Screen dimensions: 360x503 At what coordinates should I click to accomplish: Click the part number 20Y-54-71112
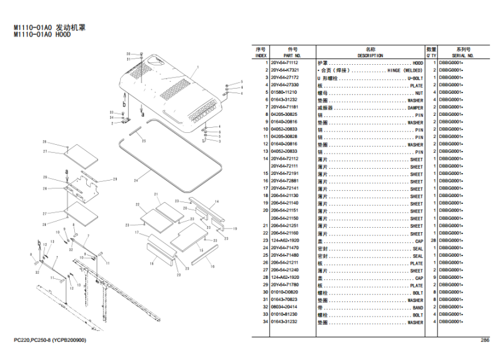pyautogui.click(x=284, y=63)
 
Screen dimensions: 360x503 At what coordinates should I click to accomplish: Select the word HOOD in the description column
pyautogui.click(x=417, y=63)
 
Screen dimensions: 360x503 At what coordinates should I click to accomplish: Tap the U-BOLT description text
pyautogui.click(x=415, y=77)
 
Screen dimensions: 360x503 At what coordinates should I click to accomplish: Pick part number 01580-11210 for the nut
pyautogui.click(x=284, y=93)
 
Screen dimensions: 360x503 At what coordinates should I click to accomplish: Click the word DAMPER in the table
pyautogui.click(x=415, y=108)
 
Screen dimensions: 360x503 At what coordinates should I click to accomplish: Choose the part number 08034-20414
pyautogui.click(x=284, y=308)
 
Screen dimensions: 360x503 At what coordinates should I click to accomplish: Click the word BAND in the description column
pyautogui.click(x=417, y=308)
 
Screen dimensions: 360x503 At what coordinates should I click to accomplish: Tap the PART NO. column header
pyautogui.click(x=292, y=55)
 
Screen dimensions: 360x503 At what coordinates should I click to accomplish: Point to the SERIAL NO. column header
pyautogui.click(x=463, y=55)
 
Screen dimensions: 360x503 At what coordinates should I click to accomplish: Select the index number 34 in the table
pyautogui.click(x=265, y=322)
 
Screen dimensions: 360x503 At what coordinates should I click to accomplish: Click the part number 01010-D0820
pyautogui.click(x=284, y=293)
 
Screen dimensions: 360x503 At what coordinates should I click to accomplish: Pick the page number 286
pyautogui.click(x=485, y=340)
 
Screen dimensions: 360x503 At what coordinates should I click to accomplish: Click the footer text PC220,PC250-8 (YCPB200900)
pyautogui.click(x=50, y=340)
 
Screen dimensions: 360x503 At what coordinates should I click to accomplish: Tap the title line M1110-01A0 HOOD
pyautogui.click(x=43, y=35)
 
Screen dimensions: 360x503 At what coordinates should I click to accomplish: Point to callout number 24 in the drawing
pyautogui.click(x=135, y=181)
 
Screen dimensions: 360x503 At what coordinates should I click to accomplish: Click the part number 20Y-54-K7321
pyautogui.click(x=284, y=70)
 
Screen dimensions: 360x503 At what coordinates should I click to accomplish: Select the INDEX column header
pyautogui.click(x=260, y=55)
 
